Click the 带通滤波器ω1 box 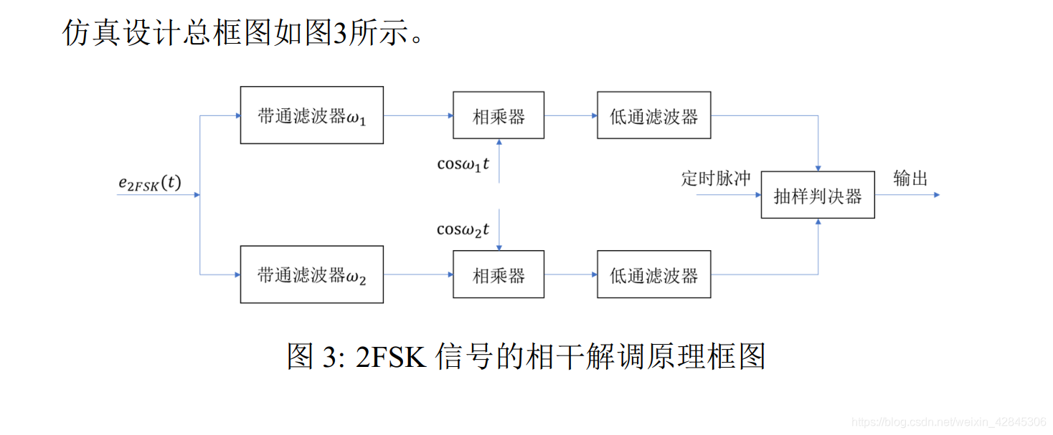coord(311,115)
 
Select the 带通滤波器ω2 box coord(311,274)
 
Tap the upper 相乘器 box coord(499,115)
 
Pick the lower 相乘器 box coord(499,274)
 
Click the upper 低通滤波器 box coord(653,115)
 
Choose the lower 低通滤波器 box coord(653,274)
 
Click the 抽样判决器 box coord(818,195)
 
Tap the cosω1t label coord(463,164)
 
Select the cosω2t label coord(463,229)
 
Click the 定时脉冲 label coord(715,178)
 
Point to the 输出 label coord(911,178)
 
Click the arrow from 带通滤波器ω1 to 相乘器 coord(418,115)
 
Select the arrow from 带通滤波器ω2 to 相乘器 coord(418,274)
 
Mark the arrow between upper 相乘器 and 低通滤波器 coord(571,115)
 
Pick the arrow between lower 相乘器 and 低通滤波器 coord(571,274)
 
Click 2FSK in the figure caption coord(391,356)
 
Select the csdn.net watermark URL coord(948,421)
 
